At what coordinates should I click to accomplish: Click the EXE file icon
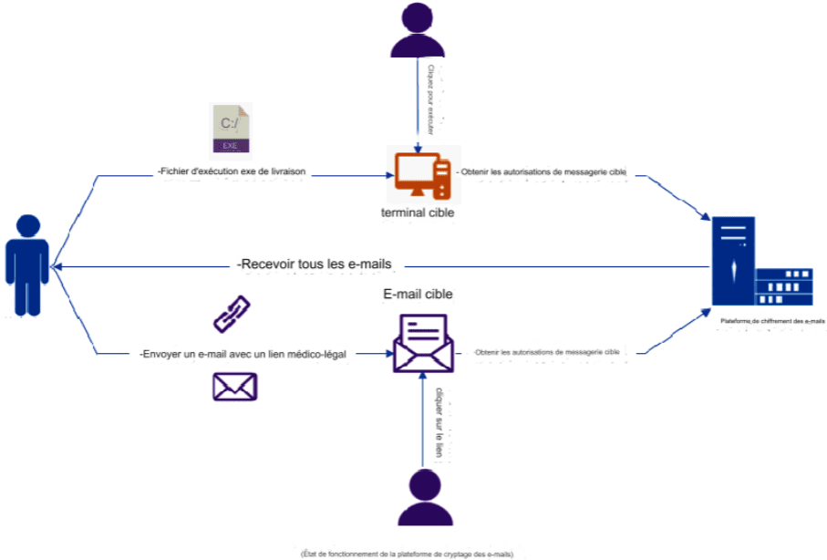tap(231, 129)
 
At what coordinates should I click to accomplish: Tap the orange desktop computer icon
tap(422, 175)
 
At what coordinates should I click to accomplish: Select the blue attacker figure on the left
tap(28, 264)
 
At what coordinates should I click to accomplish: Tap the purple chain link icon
tap(228, 313)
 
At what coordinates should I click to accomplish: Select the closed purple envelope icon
tap(234, 387)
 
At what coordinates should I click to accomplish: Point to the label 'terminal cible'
tap(418, 213)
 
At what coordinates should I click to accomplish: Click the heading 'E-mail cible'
tap(418, 294)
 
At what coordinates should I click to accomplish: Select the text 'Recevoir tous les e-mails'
tap(314, 264)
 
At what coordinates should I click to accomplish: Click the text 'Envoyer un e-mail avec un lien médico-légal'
tap(243, 354)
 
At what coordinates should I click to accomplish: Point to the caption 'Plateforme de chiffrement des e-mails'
tap(771, 321)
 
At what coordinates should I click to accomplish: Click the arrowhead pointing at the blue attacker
tap(57, 266)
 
